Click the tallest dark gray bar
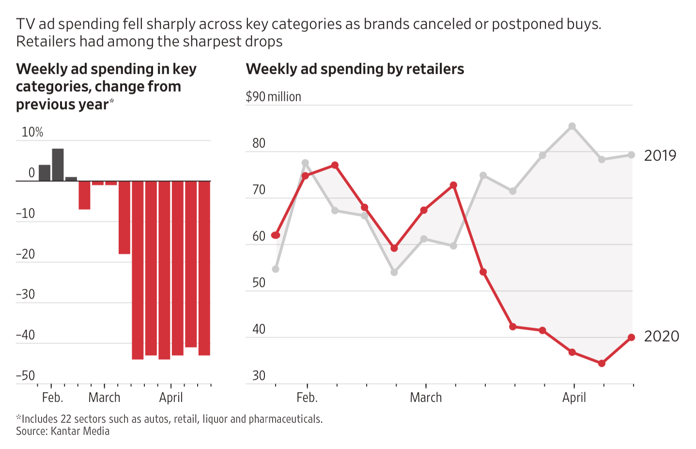coord(58,165)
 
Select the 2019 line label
coord(660,155)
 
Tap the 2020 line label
coord(661,336)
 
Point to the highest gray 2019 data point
coord(572,126)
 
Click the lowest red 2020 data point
coord(602,363)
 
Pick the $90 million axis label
coord(273,97)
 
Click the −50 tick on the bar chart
coord(26,376)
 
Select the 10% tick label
coord(32,132)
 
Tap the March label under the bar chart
coord(104,398)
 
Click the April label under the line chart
coord(574,398)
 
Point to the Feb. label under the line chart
coord(307,398)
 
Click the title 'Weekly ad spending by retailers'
coord(355,69)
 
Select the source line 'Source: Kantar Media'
coord(62,431)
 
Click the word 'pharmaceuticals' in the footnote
coord(285,419)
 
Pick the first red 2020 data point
coord(276,235)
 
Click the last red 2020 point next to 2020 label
coord(631,338)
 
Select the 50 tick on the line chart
coord(259,283)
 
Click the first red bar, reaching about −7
coord(84,195)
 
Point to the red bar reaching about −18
coord(124,217)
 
